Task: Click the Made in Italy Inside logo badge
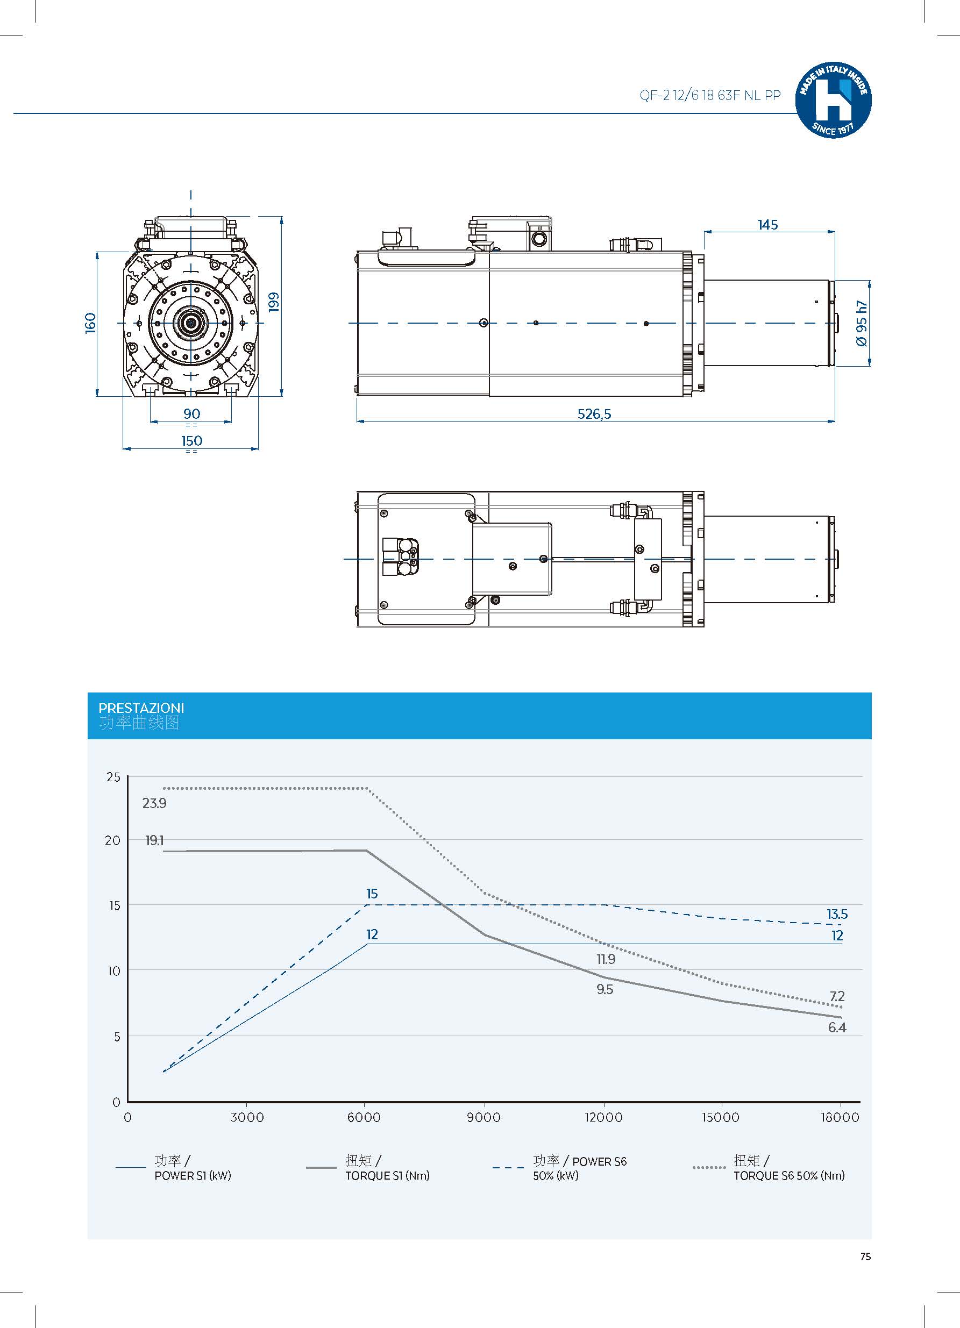click(833, 100)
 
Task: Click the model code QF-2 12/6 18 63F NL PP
click(710, 96)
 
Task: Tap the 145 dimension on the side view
click(767, 225)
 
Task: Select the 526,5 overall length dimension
click(594, 414)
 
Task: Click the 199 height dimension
click(274, 302)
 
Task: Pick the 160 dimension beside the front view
click(90, 323)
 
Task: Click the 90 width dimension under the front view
click(191, 414)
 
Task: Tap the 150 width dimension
click(191, 440)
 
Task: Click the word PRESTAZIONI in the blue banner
click(141, 708)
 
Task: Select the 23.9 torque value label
click(154, 803)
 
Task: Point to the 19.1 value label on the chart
click(154, 841)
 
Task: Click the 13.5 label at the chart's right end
click(837, 914)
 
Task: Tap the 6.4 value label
click(837, 1027)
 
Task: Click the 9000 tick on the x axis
click(484, 1117)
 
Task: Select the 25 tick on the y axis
click(113, 777)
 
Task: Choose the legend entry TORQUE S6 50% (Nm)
click(789, 1175)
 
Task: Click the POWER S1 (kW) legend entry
click(193, 1175)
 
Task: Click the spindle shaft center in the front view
click(191, 323)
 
